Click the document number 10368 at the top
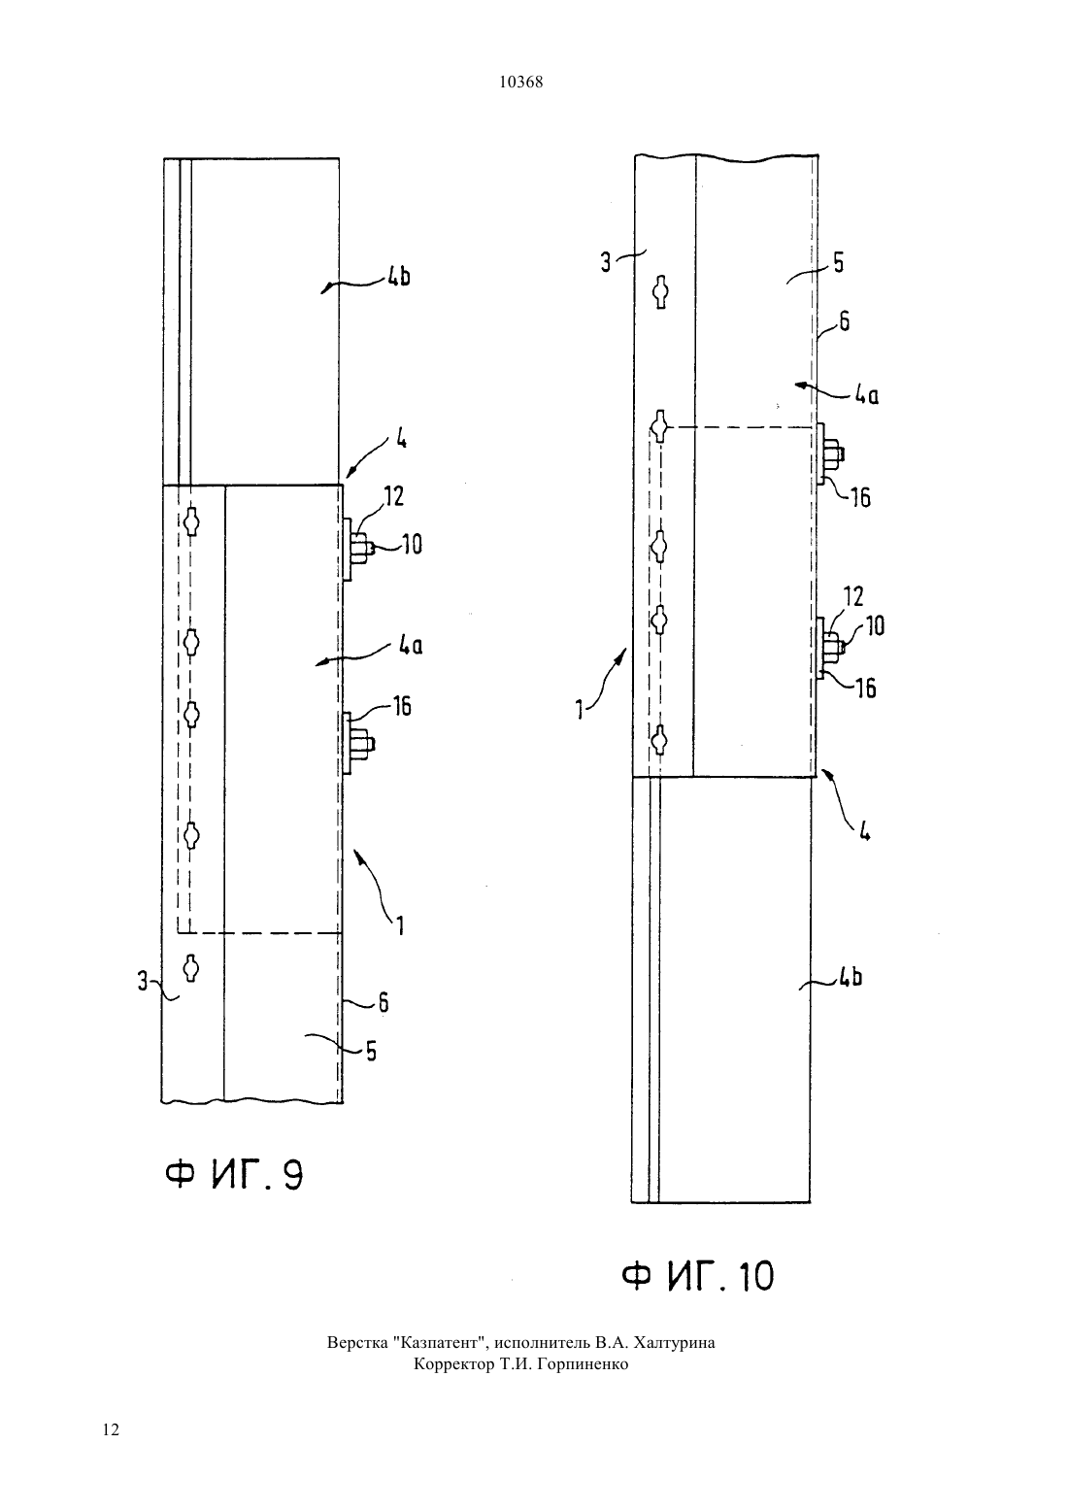point(520,83)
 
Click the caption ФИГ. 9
point(234,1176)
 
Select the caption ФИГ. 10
point(697,1276)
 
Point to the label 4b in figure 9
point(398,277)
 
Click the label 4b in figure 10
point(851,978)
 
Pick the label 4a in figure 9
point(410,646)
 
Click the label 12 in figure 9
point(394,496)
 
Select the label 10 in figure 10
point(875,626)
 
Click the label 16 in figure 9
point(402,706)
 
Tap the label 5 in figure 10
point(838,262)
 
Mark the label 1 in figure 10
point(580,711)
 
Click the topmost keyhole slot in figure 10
point(661,292)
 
